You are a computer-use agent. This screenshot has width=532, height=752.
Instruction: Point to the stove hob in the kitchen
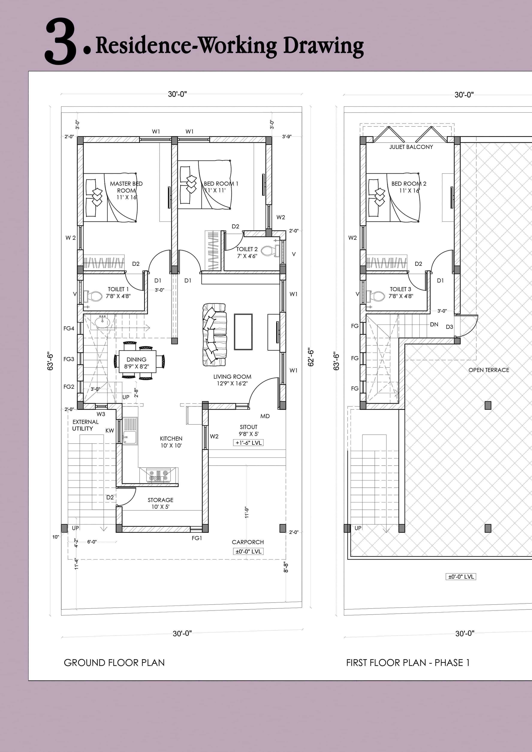point(158,475)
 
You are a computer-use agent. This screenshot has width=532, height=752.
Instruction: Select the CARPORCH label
point(248,542)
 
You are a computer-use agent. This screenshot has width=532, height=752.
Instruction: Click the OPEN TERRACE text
point(488,370)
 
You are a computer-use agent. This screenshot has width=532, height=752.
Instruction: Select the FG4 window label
point(69,328)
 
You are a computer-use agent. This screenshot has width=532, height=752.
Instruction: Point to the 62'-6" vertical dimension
point(311,357)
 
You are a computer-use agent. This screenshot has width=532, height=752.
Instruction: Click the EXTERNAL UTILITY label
point(85,425)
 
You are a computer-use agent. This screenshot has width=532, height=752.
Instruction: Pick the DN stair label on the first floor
point(434,324)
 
